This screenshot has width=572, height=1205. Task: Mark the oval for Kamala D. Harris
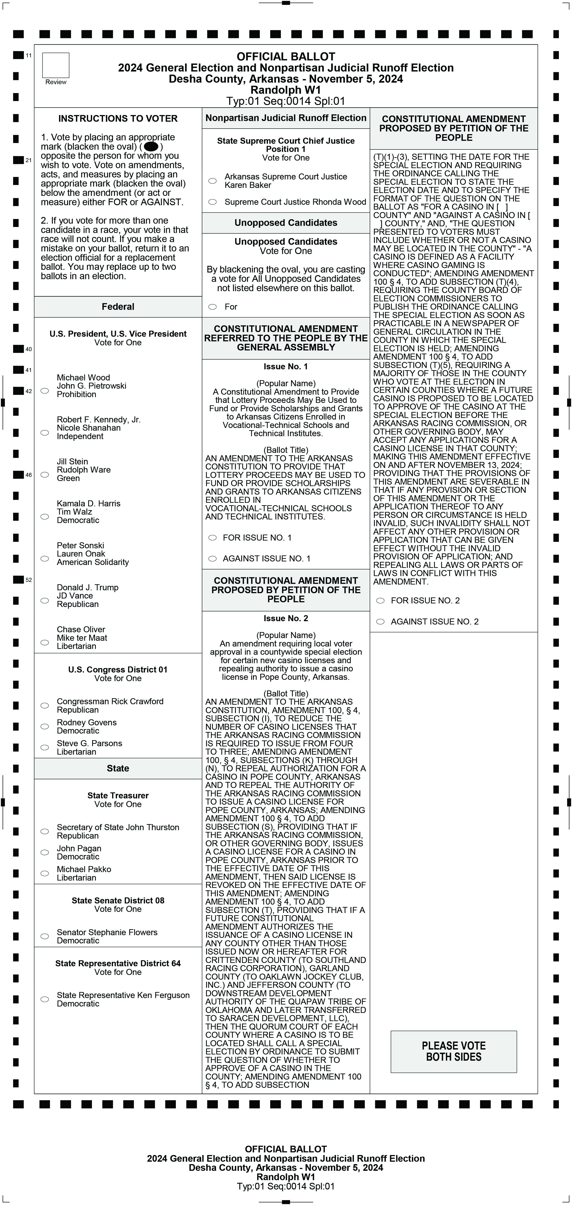[45, 516]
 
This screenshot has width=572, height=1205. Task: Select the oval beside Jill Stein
[45, 474]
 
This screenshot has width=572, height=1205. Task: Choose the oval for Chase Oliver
[45, 642]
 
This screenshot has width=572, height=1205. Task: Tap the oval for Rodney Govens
[45, 726]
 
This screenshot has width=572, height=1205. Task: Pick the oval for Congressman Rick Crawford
[45, 705]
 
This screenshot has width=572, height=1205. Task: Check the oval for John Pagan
[45, 852]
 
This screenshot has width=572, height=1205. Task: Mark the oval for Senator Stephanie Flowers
[45, 936]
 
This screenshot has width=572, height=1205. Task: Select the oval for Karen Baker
[212, 181]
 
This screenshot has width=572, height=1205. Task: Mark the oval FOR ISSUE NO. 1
[212, 537]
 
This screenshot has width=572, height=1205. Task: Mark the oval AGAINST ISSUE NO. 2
[381, 621]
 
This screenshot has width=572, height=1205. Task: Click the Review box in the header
[56, 66]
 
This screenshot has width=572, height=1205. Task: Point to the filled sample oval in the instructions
[151, 146]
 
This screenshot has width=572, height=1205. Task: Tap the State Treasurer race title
[118, 795]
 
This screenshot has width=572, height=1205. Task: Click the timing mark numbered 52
[18, 580]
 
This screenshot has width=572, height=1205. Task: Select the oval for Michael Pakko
[45, 873]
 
